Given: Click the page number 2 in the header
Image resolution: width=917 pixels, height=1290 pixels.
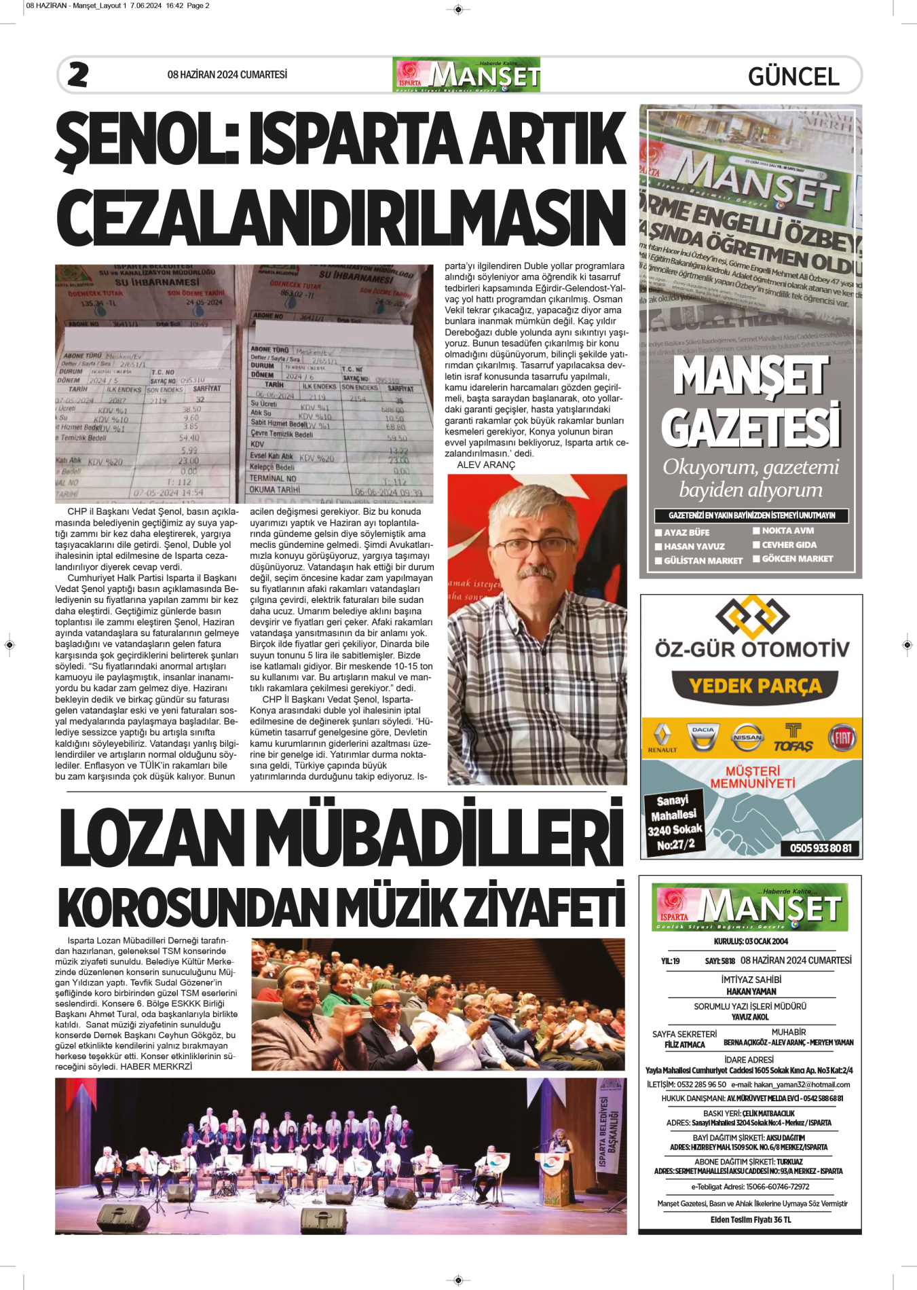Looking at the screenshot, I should click(x=78, y=75).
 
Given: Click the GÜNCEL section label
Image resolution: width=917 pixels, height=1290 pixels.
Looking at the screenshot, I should click(x=793, y=77).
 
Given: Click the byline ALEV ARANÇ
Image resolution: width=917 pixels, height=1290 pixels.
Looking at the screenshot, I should click(x=486, y=465).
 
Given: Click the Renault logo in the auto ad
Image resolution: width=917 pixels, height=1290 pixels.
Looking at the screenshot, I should click(x=662, y=737).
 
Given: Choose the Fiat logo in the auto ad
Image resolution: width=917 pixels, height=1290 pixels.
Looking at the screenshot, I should click(x=842, y=737).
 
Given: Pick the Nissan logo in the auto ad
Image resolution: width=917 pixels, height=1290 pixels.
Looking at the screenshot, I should click(x=747, y=737).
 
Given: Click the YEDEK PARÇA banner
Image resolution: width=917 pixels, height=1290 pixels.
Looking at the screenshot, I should click(x=755, y=686).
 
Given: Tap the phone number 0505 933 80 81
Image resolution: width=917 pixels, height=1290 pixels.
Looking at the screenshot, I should click(x=821, y=848).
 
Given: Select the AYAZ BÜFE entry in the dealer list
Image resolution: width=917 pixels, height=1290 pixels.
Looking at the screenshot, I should click(x=686, y=533).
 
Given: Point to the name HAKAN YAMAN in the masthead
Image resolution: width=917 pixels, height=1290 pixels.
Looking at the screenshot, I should click(x=751, y=991).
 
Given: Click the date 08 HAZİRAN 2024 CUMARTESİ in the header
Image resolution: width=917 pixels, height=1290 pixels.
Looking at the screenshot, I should click(x=227, y=75).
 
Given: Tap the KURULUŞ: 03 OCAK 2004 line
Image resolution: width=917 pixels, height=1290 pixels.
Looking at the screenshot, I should click(x=751, y=942).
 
